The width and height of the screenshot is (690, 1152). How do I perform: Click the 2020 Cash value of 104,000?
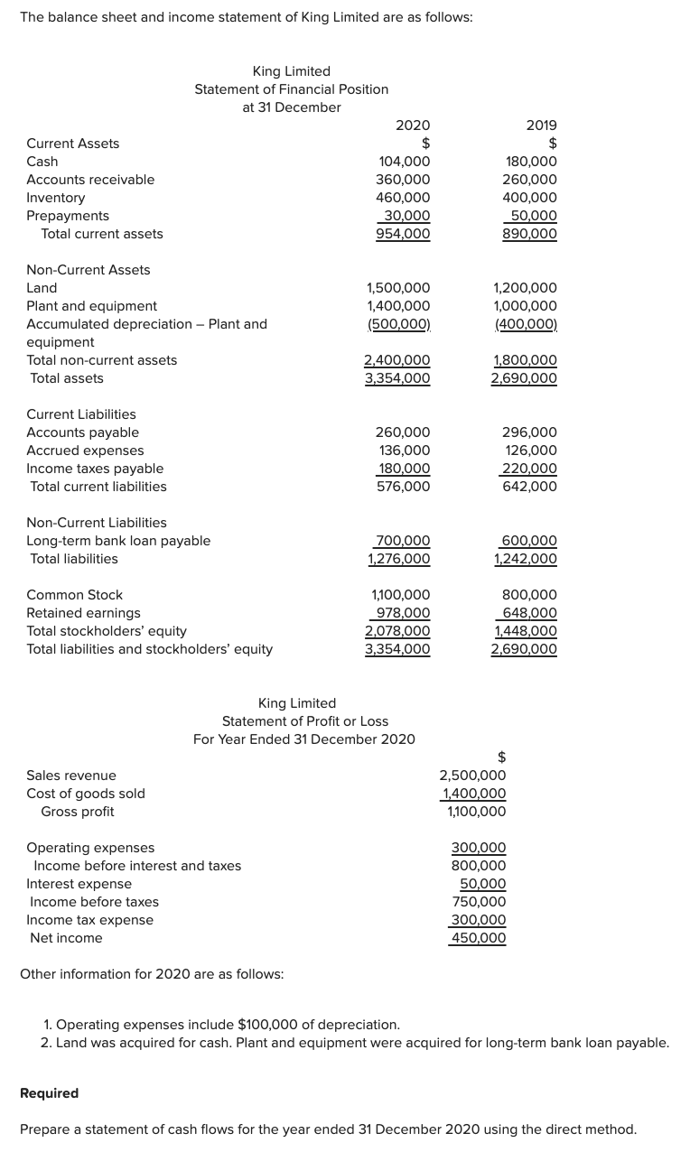403,162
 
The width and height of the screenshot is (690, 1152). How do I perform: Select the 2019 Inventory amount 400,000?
529,198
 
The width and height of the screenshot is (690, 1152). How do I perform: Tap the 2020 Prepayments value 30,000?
406,216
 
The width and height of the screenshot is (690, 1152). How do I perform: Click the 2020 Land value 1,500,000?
397,288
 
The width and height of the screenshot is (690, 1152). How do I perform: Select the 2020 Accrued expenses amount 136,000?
403,451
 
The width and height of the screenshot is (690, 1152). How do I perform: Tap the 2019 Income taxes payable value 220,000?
529,469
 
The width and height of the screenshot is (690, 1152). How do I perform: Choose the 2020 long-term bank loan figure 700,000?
403,541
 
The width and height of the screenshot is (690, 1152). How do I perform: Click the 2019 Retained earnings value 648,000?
529,613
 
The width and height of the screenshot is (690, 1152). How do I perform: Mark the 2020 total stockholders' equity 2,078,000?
397,631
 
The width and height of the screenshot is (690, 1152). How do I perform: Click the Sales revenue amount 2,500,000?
472,776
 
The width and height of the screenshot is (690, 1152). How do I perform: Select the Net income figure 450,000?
479,938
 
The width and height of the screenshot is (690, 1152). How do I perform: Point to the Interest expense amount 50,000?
482,884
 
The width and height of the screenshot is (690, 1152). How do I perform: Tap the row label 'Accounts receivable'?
90,180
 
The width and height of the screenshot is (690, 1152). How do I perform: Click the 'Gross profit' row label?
78,812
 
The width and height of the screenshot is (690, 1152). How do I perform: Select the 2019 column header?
541,125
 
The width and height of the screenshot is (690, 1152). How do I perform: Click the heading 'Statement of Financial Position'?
292,89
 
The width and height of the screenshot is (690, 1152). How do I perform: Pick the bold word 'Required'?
49,1093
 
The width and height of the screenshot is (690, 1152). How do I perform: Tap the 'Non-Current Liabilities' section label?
97,523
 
